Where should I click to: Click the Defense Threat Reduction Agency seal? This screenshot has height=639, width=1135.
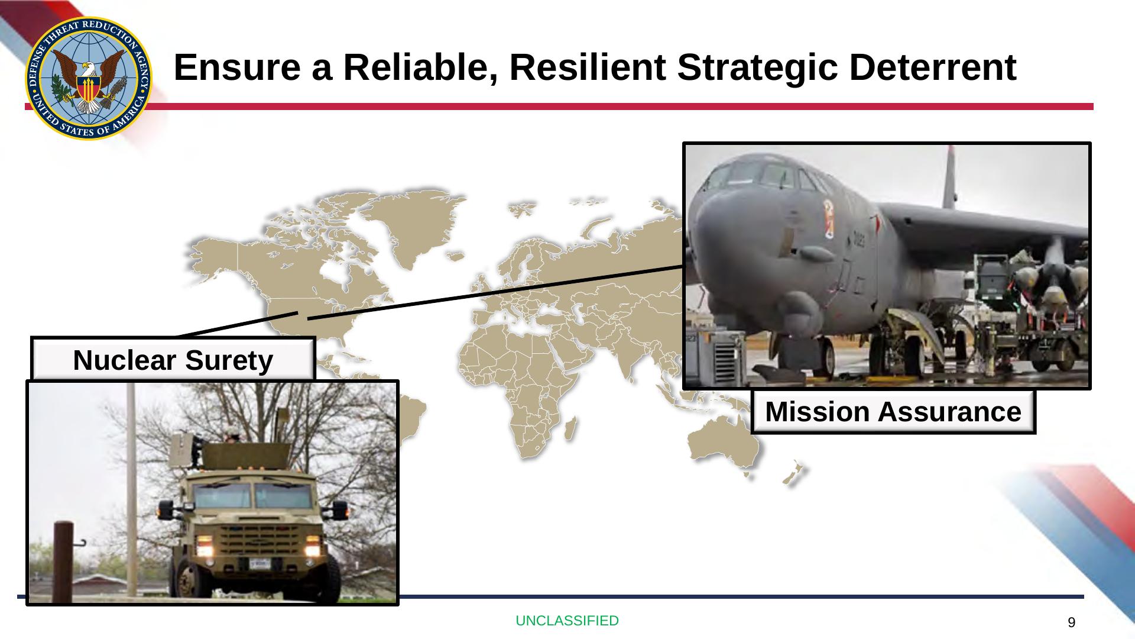[89, 78]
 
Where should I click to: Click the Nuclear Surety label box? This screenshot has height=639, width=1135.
[173, 360]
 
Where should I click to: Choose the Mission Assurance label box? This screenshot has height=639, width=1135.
[893, 412]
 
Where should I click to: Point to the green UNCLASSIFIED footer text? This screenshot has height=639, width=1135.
[567, 621]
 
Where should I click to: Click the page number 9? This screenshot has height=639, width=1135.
[1071, 622]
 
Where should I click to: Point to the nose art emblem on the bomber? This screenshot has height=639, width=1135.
[829, 218]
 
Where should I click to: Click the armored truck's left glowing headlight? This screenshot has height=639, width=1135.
[205, 540]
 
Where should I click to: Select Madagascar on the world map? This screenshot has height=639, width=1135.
[570, 428]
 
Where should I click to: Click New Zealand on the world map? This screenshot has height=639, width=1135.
[793, 473]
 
